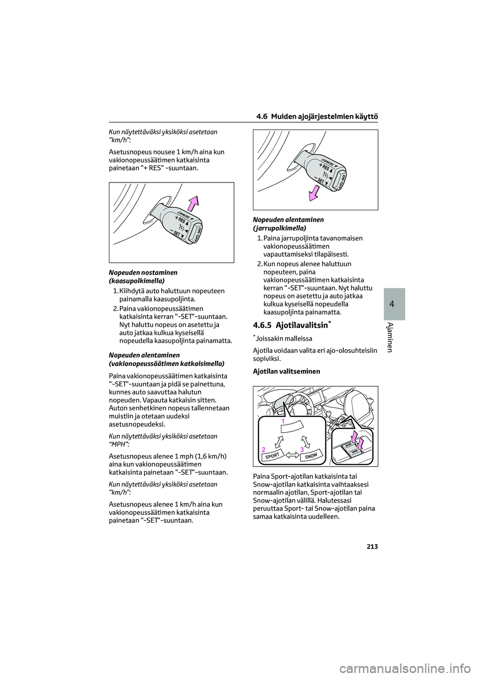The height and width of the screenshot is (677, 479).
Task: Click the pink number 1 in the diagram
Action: click(282, 422)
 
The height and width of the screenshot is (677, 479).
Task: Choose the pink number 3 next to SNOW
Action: click(302, 450)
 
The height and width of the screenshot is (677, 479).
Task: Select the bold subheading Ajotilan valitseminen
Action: click(286, 371)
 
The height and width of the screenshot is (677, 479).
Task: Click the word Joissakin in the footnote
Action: click(269, 338)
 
